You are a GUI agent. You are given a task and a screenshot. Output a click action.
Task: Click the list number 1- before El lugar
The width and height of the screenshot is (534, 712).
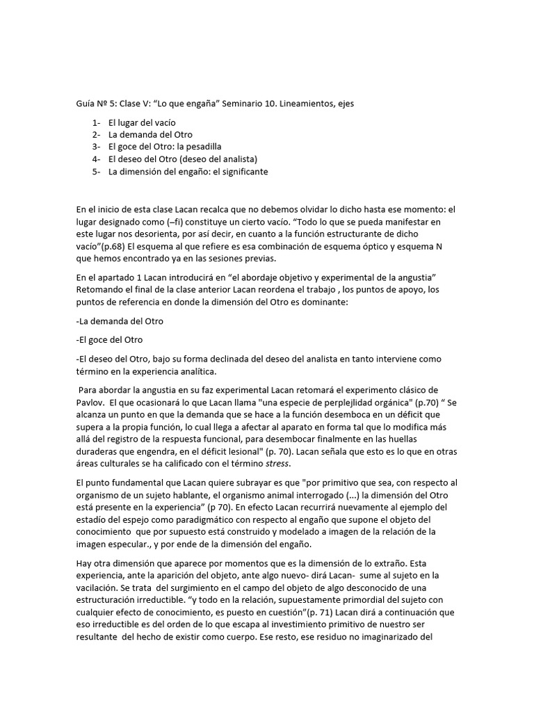[96, 122]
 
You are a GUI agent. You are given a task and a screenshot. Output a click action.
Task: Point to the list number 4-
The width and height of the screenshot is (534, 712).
[96, 159]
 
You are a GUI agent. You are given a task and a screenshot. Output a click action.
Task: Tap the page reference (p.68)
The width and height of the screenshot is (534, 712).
[119, 246]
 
